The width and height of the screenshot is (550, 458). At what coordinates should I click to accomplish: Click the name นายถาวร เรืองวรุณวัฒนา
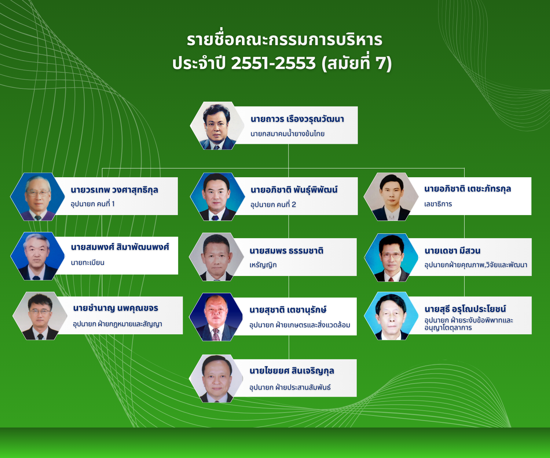pos(297,119)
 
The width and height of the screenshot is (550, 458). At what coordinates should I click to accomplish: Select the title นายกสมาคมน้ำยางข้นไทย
pos(287,134)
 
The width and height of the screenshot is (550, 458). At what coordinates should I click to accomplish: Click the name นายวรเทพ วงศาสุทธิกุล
pos(114,190)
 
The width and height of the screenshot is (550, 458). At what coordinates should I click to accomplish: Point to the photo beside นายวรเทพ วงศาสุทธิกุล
pos(37,197)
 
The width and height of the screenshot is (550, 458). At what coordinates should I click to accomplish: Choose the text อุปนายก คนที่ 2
pos(273,204)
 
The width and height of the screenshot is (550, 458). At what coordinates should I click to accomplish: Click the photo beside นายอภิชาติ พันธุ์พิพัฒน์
pos(217,197)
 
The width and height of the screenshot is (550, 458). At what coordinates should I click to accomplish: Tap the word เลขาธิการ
pos(438,204)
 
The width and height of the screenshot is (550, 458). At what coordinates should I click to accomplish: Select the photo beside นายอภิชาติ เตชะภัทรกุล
pos(391,197)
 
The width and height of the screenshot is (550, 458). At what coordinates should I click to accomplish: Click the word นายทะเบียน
pos(88,263)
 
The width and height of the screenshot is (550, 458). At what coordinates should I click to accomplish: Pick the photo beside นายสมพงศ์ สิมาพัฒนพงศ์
pos(37,256)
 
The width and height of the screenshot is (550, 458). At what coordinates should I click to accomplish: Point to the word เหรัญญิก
pos(263,265)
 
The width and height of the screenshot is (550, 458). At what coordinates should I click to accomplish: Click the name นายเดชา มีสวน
pos(452,251)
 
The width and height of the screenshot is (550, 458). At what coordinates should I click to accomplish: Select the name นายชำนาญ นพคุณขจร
pos(115,308)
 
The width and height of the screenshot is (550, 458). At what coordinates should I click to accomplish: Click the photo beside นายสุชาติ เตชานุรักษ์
pos(216,317)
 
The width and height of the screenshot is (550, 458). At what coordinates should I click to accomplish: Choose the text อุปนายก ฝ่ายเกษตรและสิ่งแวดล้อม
pos(300,325)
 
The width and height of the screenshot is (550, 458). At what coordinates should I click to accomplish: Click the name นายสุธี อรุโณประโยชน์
pos(465,309)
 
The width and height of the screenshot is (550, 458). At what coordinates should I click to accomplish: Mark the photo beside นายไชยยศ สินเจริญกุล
pos(216,378)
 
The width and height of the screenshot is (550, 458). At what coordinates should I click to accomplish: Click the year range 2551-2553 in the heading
pos(273,63)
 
